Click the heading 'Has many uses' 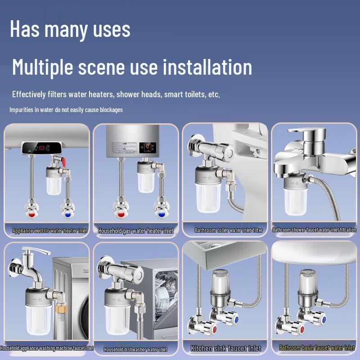pyautogui.click(x=70, y=29)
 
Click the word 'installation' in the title pyautogui.click(x=207, y=67)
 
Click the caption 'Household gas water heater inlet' pyautogui.click(x=136, y=231)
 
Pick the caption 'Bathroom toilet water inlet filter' pyautogui.click(x=229, y=230)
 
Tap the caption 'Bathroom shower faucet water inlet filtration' pyautogui.click(x=314, y=230)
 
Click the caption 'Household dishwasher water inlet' pyautogui.click(x=135, y=349)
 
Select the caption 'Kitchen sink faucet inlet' pyautogui.click(x=225, y=348)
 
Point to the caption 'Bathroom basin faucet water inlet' pyautogui.click(x=317, y=348)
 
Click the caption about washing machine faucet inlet pyautogui.click(x=47, y=348)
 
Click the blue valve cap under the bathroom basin pyautogui.click(x=322, y=318)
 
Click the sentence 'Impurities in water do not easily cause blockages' pyautogui.click(x=66, y=110)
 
